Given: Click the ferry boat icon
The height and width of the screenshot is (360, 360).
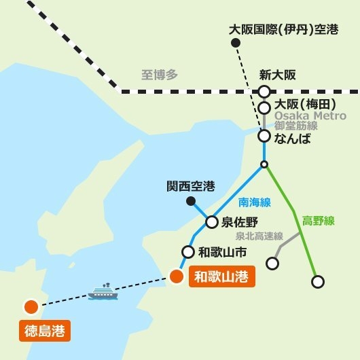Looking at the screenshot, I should pos(103,292).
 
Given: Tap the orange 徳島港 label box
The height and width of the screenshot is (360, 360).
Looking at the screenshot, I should pos(44,332).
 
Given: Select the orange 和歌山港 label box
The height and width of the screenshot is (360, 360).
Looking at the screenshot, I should pos(220,277).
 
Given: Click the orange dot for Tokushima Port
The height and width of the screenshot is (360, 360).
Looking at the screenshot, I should pos(31,307).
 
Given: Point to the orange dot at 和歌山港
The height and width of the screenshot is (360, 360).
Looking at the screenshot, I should pos(176,276).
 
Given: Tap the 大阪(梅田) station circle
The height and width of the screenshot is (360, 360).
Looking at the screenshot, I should pos(264,108).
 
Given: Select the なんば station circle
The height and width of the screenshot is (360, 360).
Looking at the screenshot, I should pos(264,137).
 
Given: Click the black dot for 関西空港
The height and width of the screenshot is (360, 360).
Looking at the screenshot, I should pos(192,201).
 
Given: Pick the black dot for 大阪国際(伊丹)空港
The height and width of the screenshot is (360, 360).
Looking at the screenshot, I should pos(236,43).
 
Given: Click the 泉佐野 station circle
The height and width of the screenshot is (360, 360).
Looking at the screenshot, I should pos(211,221).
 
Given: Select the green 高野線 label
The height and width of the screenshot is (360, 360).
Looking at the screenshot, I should pos(319,220).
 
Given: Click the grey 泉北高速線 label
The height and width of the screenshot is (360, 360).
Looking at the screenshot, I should pos(259,236).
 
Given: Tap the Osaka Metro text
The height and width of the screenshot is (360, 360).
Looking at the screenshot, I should pos(310,115).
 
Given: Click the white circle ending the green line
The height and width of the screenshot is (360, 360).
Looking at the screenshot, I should pos(317,281).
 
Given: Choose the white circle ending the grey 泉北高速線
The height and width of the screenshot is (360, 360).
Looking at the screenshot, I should pos(272,263).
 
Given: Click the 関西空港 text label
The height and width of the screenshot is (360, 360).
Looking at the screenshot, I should pos(191,185).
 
